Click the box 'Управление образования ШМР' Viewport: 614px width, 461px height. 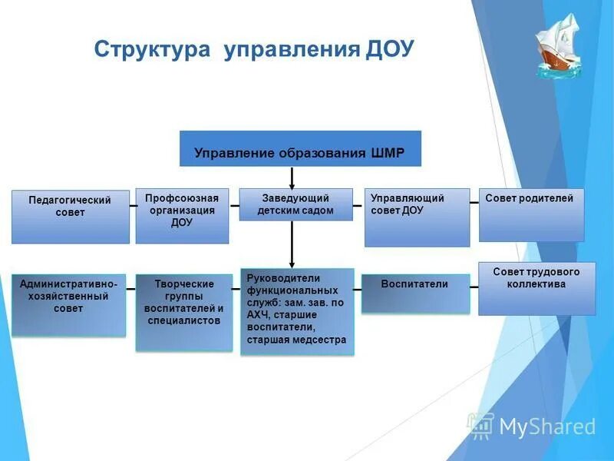[300, 148]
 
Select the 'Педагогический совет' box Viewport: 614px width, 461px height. [70, 217]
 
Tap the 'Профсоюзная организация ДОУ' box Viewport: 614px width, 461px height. [182, 216]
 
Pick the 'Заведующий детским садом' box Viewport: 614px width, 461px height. [295, 204]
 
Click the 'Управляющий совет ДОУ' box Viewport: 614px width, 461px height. [417, 217]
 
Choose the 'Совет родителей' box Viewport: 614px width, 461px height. [531, 215]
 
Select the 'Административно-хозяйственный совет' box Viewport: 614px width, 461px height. [69, 304]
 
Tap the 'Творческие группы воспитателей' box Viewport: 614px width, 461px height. [183, 313]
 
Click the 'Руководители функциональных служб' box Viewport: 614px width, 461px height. [297, 311]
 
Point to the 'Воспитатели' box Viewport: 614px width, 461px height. [415, 294]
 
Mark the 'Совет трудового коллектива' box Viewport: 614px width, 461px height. [536, 288]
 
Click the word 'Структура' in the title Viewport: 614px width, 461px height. [152, 50]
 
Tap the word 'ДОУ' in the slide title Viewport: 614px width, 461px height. [389, 50]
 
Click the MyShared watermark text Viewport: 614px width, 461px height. [547, 426]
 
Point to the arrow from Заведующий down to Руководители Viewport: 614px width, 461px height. [292, 244]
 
